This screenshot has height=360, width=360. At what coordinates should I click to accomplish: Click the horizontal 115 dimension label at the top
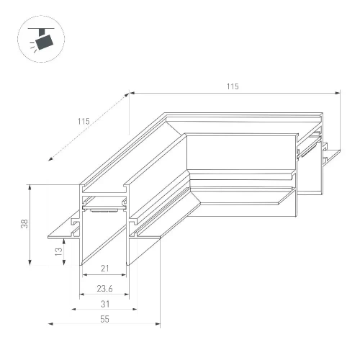coord(233,86)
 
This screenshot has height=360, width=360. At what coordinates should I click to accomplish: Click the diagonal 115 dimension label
coord(84,122)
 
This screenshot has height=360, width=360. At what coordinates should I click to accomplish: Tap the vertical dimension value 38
coord(24,224)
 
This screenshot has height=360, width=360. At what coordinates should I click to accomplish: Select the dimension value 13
coord(59,251)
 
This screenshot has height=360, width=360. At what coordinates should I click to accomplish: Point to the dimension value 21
coord(104,269)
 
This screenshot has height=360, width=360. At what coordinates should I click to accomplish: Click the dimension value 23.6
coord(104,289)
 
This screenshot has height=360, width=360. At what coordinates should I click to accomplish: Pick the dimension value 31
coord(105,304)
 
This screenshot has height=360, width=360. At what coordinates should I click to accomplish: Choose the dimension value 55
coord(104,319)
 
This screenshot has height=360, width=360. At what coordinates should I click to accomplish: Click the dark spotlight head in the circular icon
coord(44,42)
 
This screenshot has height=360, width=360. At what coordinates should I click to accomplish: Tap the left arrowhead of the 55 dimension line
coord(50,324)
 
